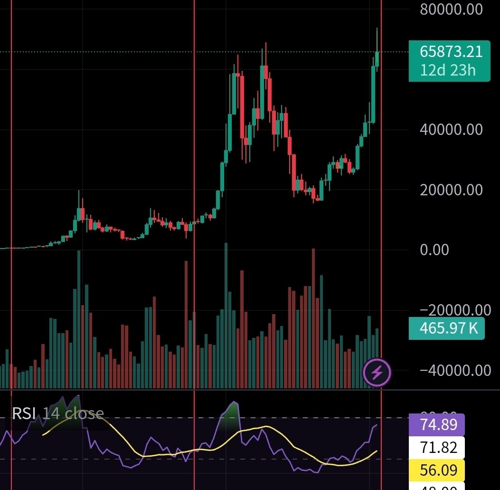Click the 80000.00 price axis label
[451, 9]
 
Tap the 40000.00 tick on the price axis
[451, 129]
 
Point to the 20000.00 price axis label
[451, 190]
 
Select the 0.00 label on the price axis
[434, 250]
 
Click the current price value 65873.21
[451, 51]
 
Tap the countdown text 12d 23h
[447, 70]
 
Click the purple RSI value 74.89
[439, 424]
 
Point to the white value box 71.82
[439, 447]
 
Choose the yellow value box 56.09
[439, 470]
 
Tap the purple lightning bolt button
[377, 373]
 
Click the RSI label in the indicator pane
[24, 413]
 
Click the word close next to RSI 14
[84, 413]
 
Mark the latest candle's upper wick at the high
[377, 29]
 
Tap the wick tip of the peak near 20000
[79, 191]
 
